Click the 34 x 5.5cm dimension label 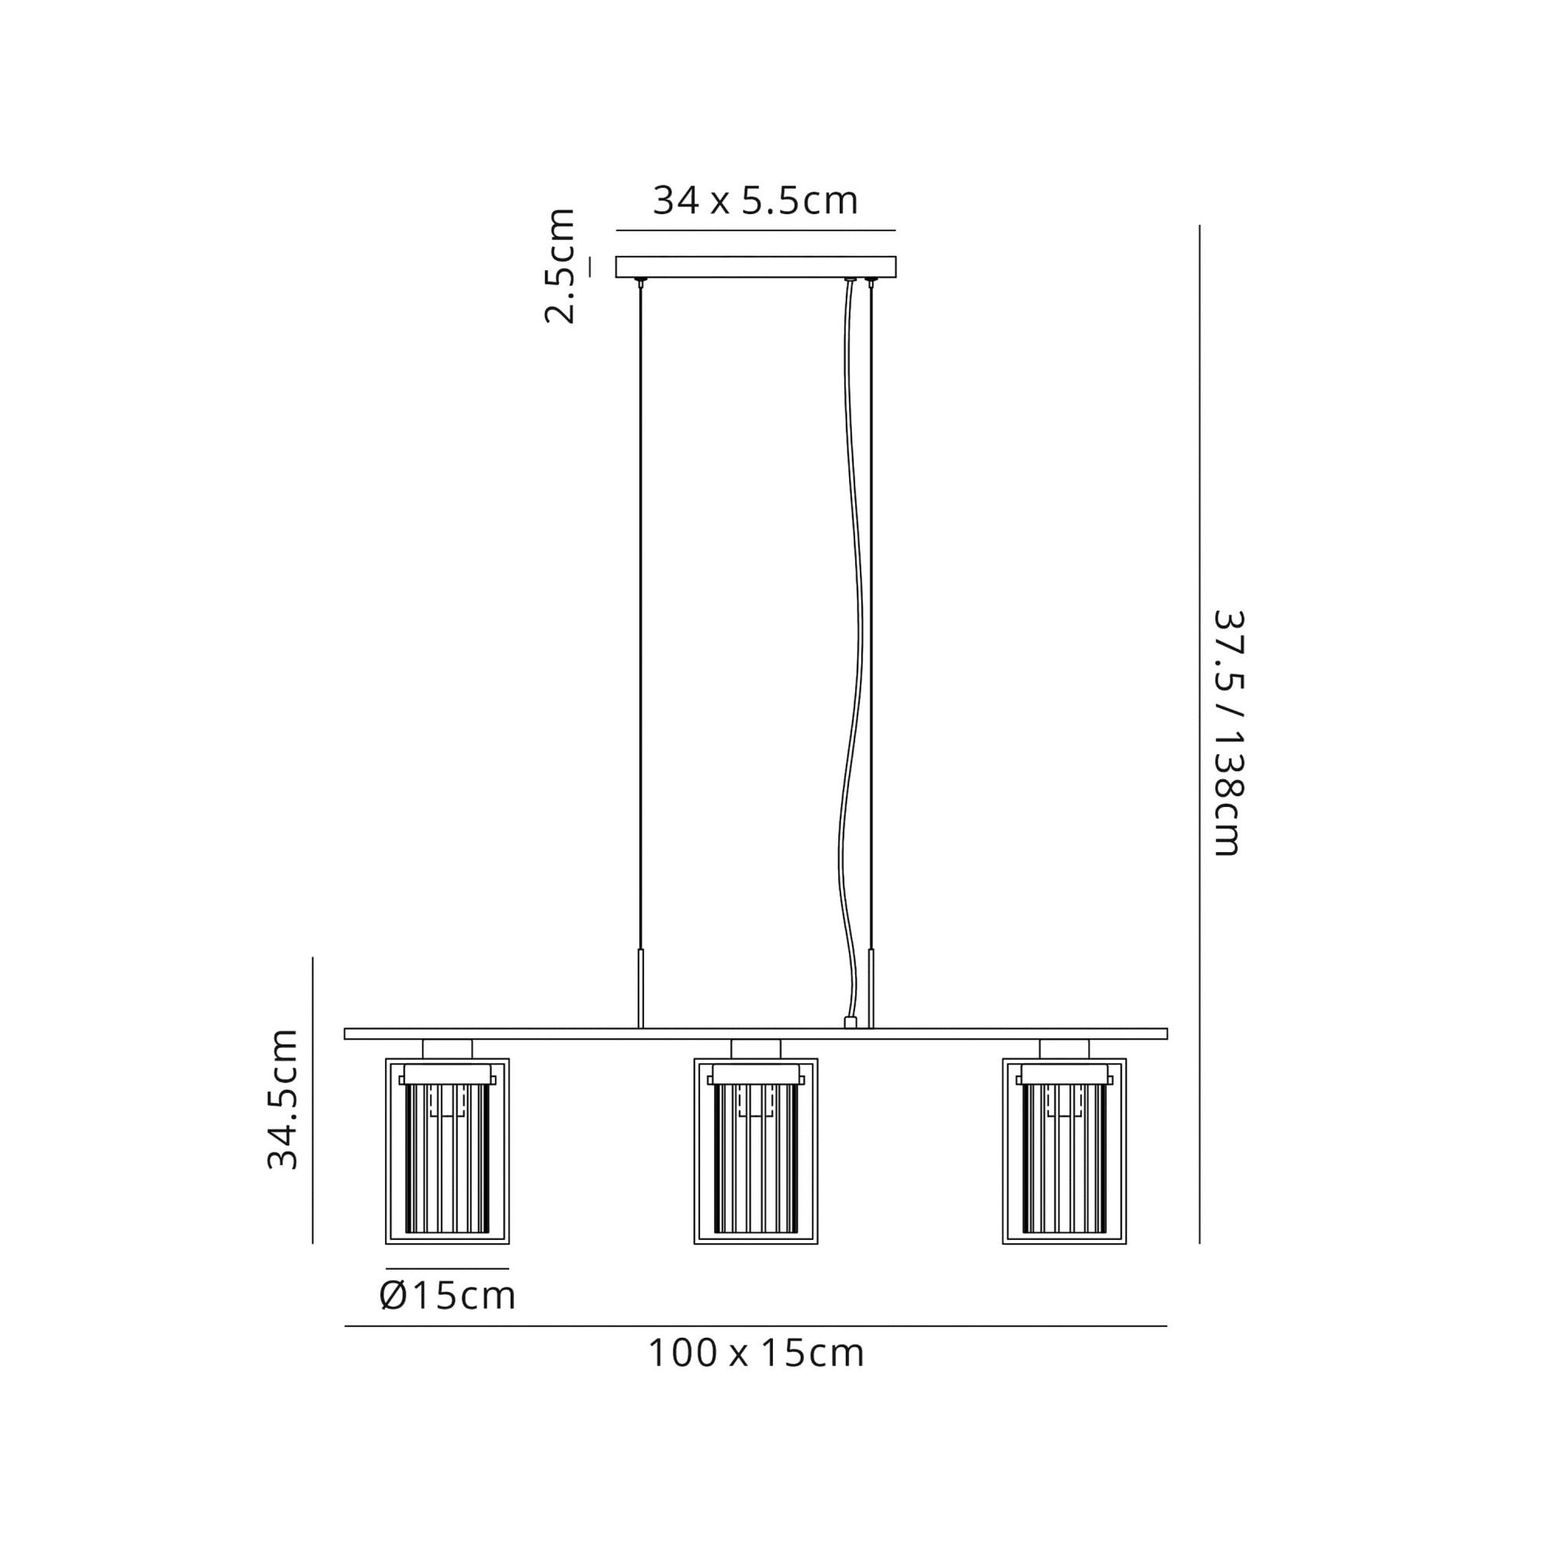(755, 201)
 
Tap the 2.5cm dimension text (560, 266)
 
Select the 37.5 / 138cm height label (1227, 733)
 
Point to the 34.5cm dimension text (282, 1098)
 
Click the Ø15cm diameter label (448, 1296)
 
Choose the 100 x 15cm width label (756, 1353)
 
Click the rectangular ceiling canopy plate (755, 267)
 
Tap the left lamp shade (448, 1151)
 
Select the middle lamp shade (756, 1151)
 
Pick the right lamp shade (1065, 1151)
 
